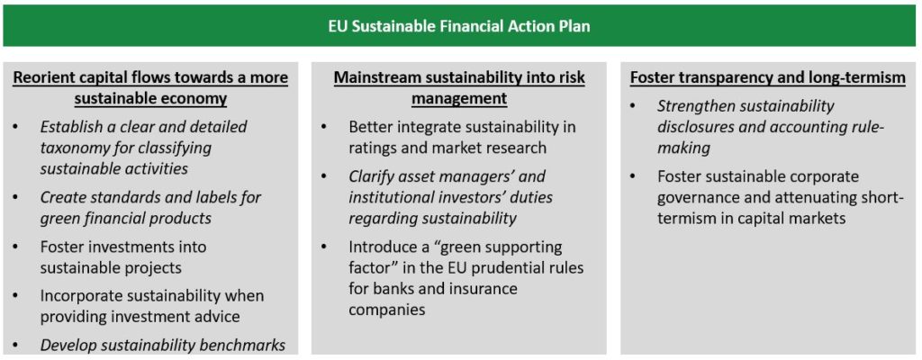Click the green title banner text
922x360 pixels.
click(460, 26)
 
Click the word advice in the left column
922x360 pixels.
click(219, 317)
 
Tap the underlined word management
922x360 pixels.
click(458, 99)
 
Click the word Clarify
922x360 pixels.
click(368, 176)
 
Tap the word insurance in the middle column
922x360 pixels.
click(485, 289)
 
